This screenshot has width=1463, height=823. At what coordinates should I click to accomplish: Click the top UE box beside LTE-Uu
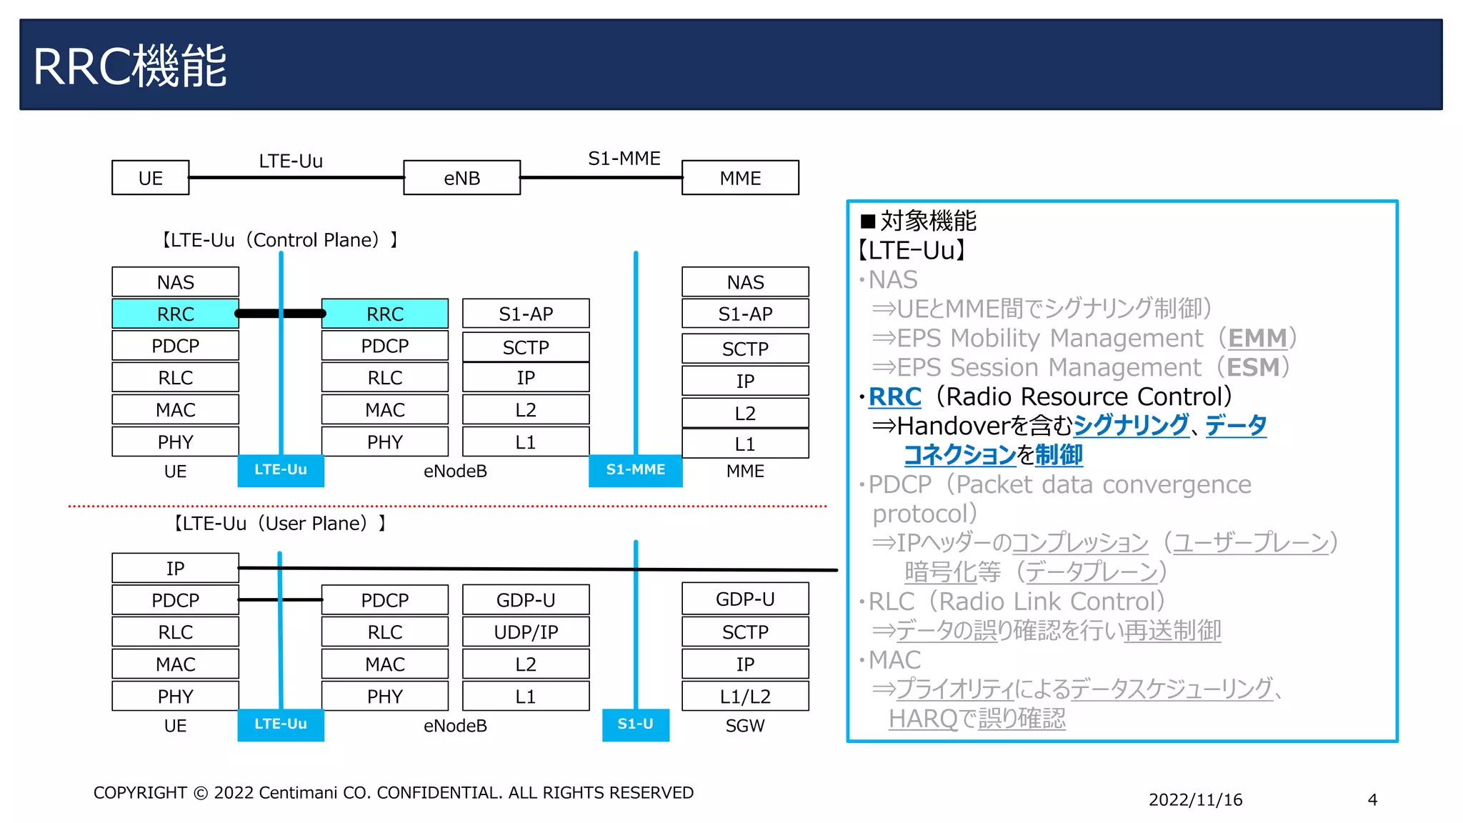pyautogui.click(x=150, y=178)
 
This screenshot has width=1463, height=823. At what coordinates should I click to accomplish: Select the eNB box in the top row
pyautogui.click(x=461, y=178)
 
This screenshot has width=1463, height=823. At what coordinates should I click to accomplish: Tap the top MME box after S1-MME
pyautogui.click(x=740, y=178)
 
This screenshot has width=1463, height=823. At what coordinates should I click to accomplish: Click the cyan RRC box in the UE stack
pyautogui.click(x=175, y=314)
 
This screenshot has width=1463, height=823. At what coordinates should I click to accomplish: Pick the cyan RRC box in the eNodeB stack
pyautogui.click(x=384, y=314)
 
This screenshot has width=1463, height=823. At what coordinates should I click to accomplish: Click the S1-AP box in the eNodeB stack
pyautogui.click(x=526, y=314)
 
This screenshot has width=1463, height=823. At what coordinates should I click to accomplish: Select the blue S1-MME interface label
pyautogui.click(x=635, y=470)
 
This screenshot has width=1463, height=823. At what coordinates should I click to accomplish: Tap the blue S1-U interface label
pyautogui.click(x=635, y=724)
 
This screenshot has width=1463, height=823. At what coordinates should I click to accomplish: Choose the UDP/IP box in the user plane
pyautogui.click(x=526, y=632)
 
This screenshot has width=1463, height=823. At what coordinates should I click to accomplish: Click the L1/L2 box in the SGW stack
pyautogui.click(x=745, y=697)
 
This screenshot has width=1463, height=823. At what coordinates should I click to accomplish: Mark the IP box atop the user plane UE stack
pyautogui.click(x=175, y=569)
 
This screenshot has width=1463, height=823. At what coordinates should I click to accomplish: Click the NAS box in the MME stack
pyautogui.click(x=745, y=282)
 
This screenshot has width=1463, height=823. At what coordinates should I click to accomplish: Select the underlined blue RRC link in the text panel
pyautogui.click(x=894, y=396)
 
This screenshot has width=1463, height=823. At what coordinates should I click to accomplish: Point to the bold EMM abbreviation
pyautogui.click(x=1257, y=338)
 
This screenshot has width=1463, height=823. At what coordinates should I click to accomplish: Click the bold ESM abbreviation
pyautogui.click(x=1253, y=367)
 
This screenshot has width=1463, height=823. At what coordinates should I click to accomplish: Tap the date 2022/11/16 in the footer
pyautogui.click(x=1195, y=800)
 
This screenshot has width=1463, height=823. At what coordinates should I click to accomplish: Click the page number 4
pyautogui.click(x=1372, y=800)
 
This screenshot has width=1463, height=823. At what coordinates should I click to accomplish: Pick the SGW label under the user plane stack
pyautogui.click(x=745, y=726)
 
